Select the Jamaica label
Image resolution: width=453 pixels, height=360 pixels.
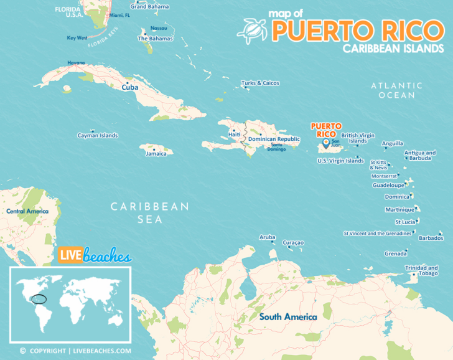[156, 154]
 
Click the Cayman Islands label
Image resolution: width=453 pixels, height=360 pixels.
[97, 135]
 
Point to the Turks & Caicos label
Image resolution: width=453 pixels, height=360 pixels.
[260, 83]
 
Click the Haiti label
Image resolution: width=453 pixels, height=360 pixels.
[234, 135]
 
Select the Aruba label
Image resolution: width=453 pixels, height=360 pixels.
[267, 237]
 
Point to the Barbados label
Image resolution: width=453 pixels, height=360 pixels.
[431, 238]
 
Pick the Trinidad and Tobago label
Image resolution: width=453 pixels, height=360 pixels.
[421, 270]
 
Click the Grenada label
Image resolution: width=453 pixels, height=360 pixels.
[396, 253]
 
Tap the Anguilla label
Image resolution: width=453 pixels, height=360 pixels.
[392, 143]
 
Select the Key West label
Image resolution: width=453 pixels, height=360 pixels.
[77, 38]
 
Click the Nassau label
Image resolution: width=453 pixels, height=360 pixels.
[159, 28]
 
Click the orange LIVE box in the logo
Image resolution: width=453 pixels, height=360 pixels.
[70, 256]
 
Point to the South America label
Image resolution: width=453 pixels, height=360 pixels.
[288, 317]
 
